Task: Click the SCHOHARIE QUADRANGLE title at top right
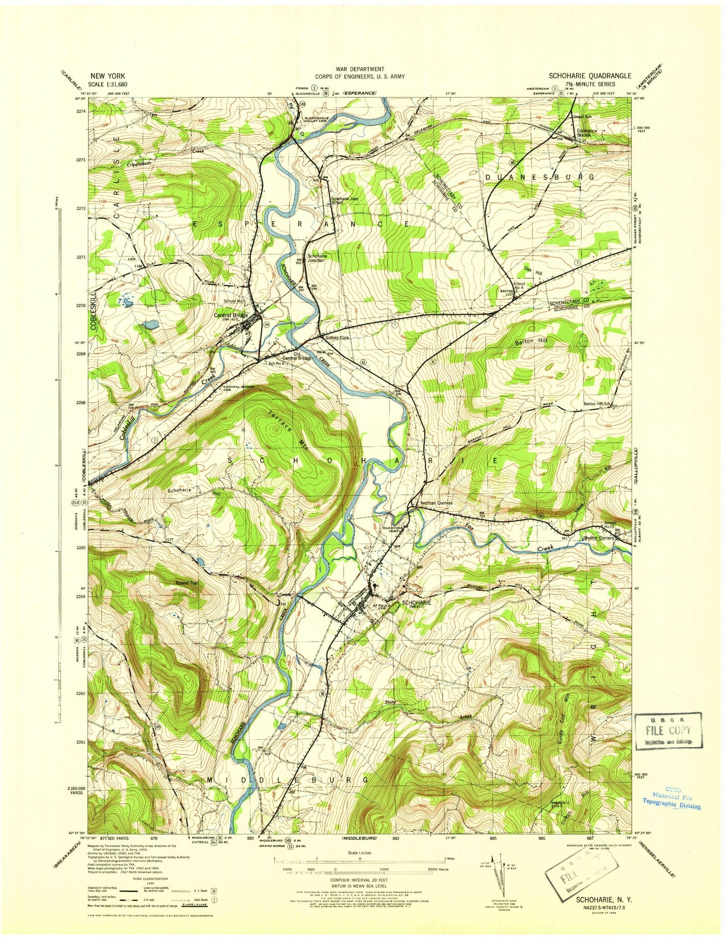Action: point(589,75)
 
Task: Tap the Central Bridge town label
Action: point(231,315)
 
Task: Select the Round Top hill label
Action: point(186,583)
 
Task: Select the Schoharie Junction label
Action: point(317,258)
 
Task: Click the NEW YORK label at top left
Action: point(108,75)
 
